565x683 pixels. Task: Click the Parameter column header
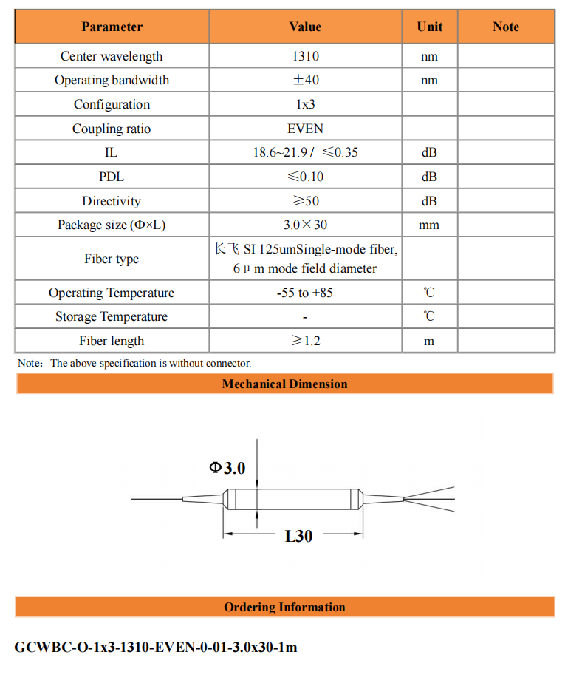pos(112,27)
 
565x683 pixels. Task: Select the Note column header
pos(505,27)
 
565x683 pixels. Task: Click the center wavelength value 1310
pos(305,56)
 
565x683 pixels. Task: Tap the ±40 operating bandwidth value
pos(305,80)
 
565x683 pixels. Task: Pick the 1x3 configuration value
pos(305,104)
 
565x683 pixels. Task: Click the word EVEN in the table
pos(305,129)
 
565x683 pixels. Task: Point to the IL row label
pos(112,153)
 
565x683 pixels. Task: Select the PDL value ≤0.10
pos(305,177)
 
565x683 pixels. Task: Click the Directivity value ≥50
pos(305,201)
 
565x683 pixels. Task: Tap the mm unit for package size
pos(429,225)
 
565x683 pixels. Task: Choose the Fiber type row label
pos(112,259)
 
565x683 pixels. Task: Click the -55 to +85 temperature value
pos(305,293)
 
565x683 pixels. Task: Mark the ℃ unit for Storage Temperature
pos(429,316)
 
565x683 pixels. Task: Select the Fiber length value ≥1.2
pos(305,341)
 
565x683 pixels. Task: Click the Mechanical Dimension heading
pos(284,384)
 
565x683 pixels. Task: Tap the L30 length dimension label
pos(298,537)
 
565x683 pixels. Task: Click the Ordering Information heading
pos(284,608)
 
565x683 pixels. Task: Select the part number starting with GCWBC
pos(156,648)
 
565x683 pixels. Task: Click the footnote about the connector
pos(134,363)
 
